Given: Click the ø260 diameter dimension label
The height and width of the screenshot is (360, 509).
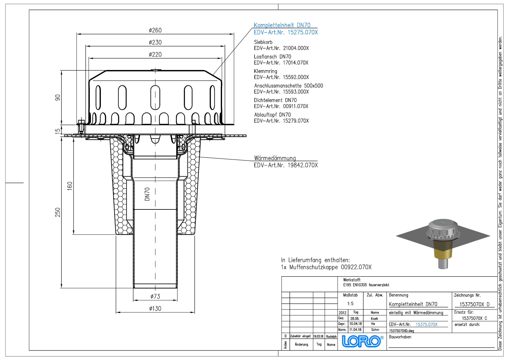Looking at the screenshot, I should (x=155, y=30).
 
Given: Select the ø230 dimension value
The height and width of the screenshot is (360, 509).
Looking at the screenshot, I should (x=155, y=42).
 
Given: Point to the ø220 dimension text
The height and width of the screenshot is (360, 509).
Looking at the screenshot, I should (x=155, y=54).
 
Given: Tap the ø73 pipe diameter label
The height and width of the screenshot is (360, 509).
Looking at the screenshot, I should (x=155, y=296).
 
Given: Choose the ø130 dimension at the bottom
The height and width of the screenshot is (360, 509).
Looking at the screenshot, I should (x=155, y=308).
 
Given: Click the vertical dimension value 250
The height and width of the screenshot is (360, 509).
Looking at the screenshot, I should (x=58, y=212).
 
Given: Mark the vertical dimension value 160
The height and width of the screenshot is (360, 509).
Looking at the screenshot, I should (x=70, y=186).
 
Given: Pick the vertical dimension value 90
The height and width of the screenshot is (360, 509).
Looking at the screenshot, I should (x=58, y=97).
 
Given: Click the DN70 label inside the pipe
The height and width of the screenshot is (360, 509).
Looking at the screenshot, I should (x=147, y=194).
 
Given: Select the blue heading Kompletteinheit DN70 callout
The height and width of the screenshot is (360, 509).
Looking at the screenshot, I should (x=282, y=25).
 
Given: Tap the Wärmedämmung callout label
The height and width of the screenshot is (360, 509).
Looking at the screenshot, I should (x=275, y=158).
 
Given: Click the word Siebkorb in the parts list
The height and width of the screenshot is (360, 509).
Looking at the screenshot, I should (x=263, y=42).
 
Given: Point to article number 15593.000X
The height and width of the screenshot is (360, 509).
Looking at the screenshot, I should (x=296, y=92).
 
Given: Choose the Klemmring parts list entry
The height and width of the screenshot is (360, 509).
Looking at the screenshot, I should (x=265, y=71).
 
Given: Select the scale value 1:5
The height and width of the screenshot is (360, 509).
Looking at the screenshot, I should (x=350, y=304).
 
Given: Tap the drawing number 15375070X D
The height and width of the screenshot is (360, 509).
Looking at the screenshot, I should (x=474, y=304).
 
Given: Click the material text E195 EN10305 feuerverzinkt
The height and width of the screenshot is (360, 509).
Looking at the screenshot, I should (x=366, y=285).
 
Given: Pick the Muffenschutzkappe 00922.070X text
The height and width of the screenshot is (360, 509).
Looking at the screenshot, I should (x=330, y=267).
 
